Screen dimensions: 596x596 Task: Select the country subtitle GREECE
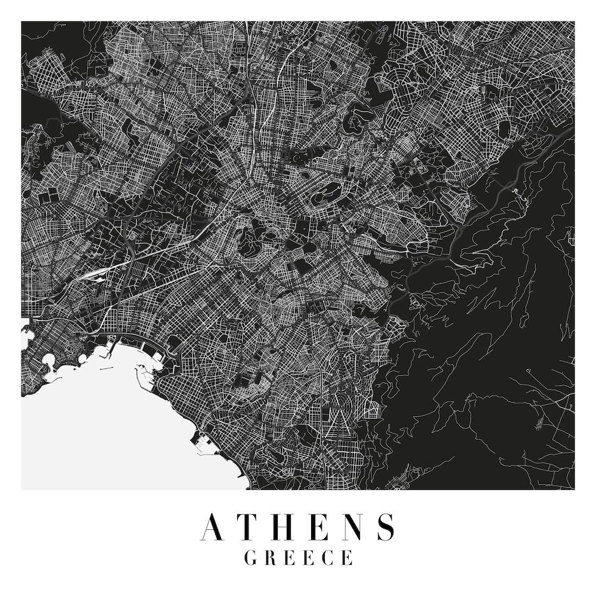[x=298, y=558]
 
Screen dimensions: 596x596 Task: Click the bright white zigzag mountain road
[x=516, y=192]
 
